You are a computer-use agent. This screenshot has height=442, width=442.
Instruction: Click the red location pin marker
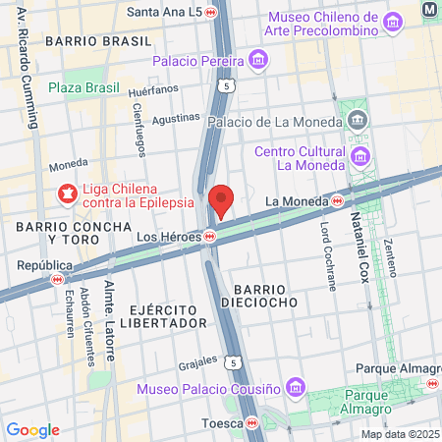click(221, 199)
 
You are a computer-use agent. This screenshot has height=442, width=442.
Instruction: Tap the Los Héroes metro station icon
click(210, 237)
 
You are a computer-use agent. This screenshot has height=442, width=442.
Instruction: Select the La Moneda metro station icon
click(338, 200)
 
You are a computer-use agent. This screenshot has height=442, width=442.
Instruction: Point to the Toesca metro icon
click(253, 423)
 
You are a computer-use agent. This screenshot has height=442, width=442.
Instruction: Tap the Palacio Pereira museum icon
click(258, 61)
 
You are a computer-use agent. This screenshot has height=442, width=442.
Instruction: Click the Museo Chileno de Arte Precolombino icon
click(394, 22)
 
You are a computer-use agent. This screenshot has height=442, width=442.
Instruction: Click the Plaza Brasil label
click(83, 88)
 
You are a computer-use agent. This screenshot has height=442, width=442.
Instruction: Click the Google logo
click(32, 429)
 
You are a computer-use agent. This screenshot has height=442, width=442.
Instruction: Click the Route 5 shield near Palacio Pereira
click(227, 86)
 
